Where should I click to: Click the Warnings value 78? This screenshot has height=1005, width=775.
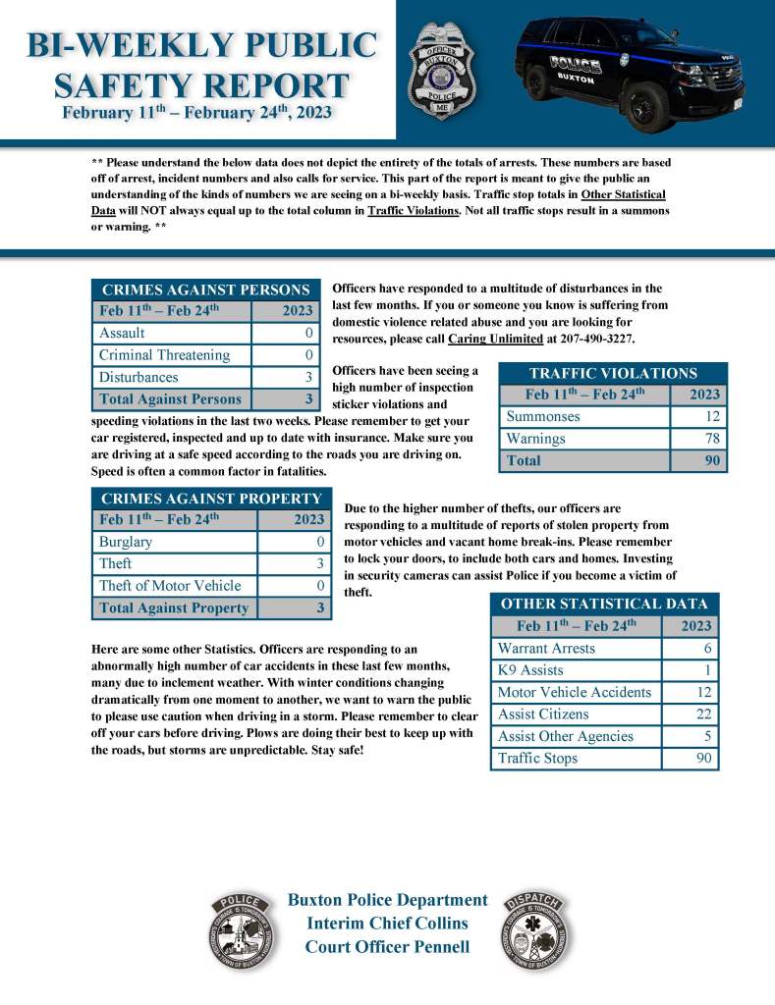click(712, 438)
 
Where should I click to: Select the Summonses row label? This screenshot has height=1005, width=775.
click(543, 416)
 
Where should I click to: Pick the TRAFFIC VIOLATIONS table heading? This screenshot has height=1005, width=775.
click(613, 373)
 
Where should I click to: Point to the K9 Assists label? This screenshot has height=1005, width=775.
click(530, 670)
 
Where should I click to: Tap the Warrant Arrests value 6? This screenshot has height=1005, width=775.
click(707, 649)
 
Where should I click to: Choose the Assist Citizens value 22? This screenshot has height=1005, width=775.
click(703, 714)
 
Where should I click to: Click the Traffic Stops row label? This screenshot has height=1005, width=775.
click(537, 759)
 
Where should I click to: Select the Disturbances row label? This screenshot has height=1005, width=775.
click(138, 377)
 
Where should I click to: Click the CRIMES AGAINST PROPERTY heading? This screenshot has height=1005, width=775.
click(211, 499)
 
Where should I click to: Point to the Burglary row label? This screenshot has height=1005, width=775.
click(126, 542)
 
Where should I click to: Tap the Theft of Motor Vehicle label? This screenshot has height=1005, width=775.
click(170, 586)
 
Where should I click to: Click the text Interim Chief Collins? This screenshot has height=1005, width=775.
click(387, 924)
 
